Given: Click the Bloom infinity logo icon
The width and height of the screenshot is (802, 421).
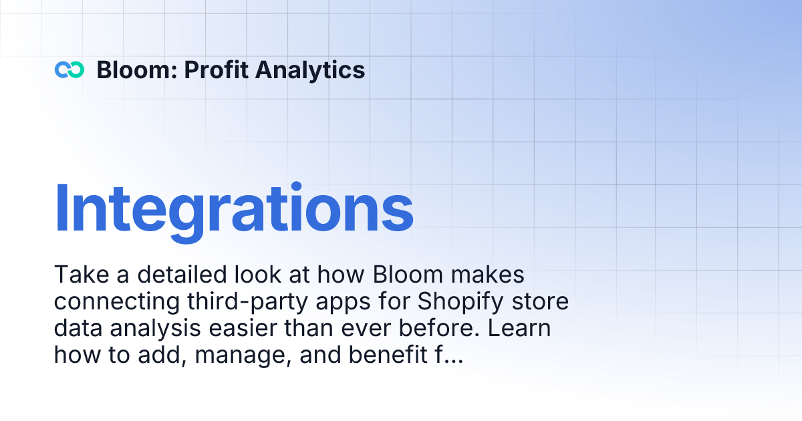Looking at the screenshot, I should (70, 69).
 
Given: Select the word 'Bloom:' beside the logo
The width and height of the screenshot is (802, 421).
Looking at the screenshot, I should (136, 69).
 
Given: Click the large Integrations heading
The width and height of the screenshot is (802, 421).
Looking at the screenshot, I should (234, 207).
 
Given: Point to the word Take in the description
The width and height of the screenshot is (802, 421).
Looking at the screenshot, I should (77, 275).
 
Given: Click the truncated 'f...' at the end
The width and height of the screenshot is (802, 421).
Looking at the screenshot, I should (448, 356).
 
